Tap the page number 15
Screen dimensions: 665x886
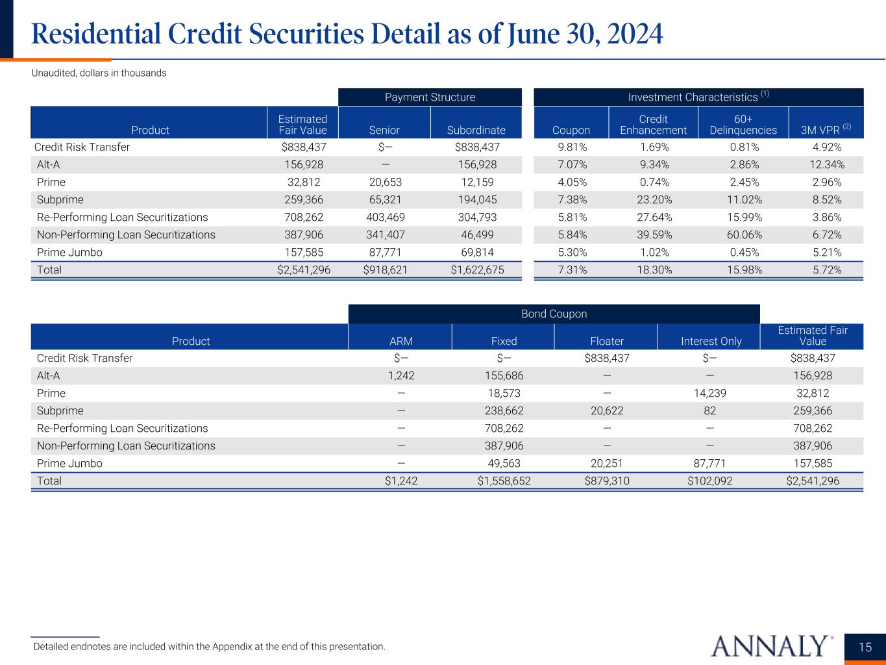pyautogui.click(x=865, y=647)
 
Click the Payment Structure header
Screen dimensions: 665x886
pyautogui.click(x=430, y=97)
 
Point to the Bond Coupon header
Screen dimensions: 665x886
pyautogui.click(x=554, y=314)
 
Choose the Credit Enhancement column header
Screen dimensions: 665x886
pyautogui.click(x=653, y=125)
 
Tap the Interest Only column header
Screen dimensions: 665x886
pyautogui.click(x=709, y=342)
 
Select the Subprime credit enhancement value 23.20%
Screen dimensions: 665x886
pyautogui.click(x=653, y=200)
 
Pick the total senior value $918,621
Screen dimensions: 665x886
pyautogui.click(x=385, y=270)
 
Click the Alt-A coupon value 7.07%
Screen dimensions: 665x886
pyautogui.click(x=571, y=165)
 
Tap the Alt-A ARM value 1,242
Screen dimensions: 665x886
pyautogui.click(x=400, y=376)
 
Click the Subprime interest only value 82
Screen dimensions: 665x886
pyautogui.click(x=709, y=411)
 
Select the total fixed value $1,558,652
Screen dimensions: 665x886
pyautogui.click(x=504, y=481)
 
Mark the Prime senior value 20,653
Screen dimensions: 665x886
pyautogui.click(x=385, y=182)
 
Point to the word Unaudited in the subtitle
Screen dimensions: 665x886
pyautogui.click(x=54, y=73)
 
